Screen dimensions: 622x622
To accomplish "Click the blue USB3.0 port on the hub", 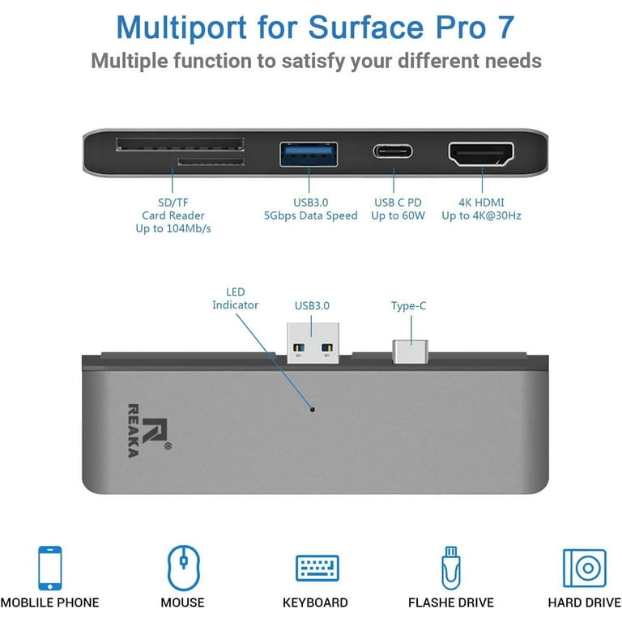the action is click(x=309, y=155).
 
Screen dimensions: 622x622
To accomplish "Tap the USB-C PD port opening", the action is click(x=393, y=151).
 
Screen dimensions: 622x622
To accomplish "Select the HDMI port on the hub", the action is click(x=481, y=154).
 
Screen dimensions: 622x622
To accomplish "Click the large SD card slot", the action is click(x=180, y=144).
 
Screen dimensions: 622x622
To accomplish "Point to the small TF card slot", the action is click(x=211, y=161).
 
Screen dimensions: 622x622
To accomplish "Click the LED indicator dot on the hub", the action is click(x=312, y=409).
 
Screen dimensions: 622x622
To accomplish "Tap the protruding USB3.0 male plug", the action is click(x=313, y=343).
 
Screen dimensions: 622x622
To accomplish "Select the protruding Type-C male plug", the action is click(x=410, y=351).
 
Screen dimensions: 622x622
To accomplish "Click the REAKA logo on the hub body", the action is click(x=149, y=431).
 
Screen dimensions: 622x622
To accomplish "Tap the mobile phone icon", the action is click(x=50, y=568).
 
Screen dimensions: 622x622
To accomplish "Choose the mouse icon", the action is click(x=183, y=568).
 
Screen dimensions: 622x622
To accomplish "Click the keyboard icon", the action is click(x=317, y=568).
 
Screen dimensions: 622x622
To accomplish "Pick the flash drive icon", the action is click(x=451, y=568).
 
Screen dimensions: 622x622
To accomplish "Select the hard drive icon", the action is click(x=585, y=568).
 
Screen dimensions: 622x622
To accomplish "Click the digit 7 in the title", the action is click(x=505, y=27).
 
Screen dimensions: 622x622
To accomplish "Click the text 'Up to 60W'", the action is click(x=398, y=215).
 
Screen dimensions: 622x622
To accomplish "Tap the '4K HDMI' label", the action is click(x=481, y=202).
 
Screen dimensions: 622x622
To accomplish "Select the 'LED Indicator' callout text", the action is click(x=235, y=298).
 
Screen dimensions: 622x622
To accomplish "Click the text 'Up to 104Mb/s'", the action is click(x=173, y=228).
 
